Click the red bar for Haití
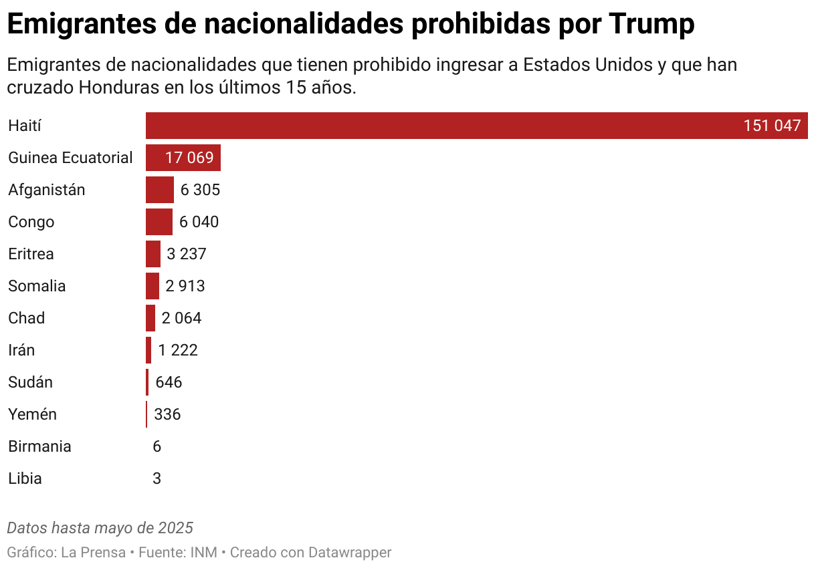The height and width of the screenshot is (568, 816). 441,126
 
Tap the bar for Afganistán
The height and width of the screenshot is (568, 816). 159,190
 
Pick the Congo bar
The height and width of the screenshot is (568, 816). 159,222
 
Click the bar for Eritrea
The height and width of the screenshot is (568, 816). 152,254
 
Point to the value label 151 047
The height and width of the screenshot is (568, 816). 771,126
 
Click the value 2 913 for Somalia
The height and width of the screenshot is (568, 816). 185,286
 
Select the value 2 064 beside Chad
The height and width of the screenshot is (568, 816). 181,318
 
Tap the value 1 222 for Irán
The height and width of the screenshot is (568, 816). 178,350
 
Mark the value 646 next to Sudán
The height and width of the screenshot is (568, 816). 169,382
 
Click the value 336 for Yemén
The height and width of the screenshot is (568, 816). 167,414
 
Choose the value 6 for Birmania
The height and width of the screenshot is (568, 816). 157,446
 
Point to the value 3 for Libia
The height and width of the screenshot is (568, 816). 157,478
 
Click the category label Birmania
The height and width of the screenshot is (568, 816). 39,446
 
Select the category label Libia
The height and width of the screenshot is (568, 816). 25,478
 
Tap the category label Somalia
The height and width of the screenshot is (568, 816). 37,286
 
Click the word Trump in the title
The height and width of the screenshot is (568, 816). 651,25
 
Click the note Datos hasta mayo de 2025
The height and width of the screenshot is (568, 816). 100,528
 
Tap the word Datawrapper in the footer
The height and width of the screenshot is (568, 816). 350,553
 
